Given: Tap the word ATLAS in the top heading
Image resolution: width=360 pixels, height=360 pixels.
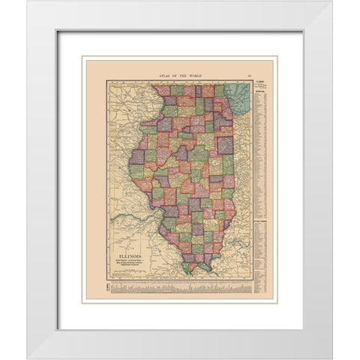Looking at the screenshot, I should coord(165,76).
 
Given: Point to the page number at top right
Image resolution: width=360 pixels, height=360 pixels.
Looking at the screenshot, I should coord(248,76).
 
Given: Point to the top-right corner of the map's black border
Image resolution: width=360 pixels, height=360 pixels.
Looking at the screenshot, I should coord(252,80).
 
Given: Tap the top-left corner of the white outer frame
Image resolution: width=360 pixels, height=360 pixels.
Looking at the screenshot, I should coord(28,1).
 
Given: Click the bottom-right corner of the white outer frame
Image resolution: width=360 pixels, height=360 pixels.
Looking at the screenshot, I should coord(332,358).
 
